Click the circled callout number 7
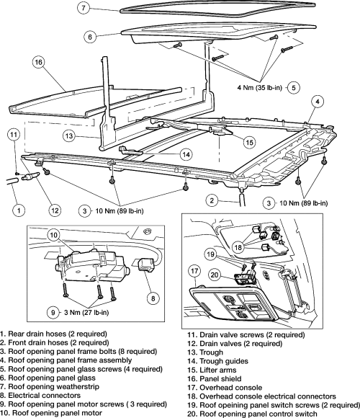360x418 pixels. click(84, 7)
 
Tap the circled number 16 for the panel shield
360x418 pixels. click(39, 62)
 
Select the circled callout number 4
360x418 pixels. click(318, 102)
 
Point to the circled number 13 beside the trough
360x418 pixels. click(69, 136)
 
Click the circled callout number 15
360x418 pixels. click(250, 143)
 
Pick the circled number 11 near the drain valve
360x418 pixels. click(14, 135)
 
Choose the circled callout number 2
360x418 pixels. click(212, 200)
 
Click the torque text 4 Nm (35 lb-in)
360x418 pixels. click(260, 87)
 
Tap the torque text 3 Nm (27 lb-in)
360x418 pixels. click(86, 312)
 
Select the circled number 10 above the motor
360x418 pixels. click(54, 235)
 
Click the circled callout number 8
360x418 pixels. click(153, 298)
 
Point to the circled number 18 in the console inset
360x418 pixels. click(238, 247)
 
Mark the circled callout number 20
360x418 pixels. click(215, 275)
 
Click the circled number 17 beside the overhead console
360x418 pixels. click(194, 271)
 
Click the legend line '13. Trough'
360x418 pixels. click(205, 352)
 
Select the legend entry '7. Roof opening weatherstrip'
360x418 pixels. click(50, 386)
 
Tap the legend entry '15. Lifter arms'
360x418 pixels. click(212, 370)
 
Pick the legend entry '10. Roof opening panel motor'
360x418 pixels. click(51, 413)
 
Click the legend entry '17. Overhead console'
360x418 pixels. click(225, 388)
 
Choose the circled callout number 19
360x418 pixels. click(210, 254)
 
